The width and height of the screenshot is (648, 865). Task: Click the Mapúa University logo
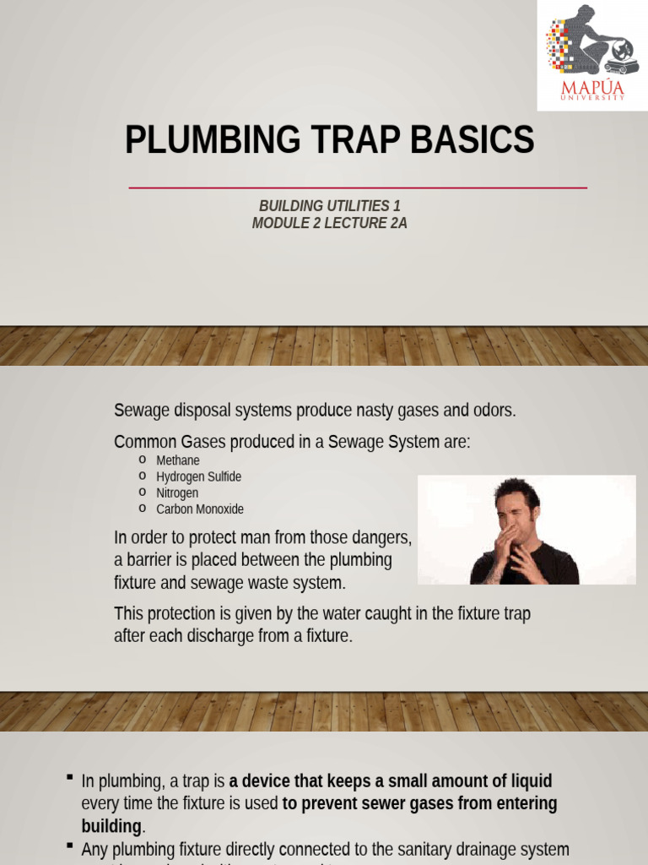(x=592, y=54)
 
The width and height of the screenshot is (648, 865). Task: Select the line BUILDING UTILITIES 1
(x=329, y=206)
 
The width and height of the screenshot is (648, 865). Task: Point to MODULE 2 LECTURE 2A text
(x=329, y=224)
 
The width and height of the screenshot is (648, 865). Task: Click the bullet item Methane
(x=178, y=460)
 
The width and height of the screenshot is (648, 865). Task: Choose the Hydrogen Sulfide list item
(x=198, y=476)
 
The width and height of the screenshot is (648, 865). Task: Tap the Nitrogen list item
(x=177, y=492)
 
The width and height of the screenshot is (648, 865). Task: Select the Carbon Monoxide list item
(x=200, y=509)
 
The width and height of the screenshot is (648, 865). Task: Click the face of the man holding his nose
(x=512, y=509)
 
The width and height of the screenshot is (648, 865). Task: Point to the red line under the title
(x=358, y=188)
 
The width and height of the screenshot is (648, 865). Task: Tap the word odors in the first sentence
(x=494, y=411)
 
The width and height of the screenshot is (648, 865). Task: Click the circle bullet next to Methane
(x=143, y=460)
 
